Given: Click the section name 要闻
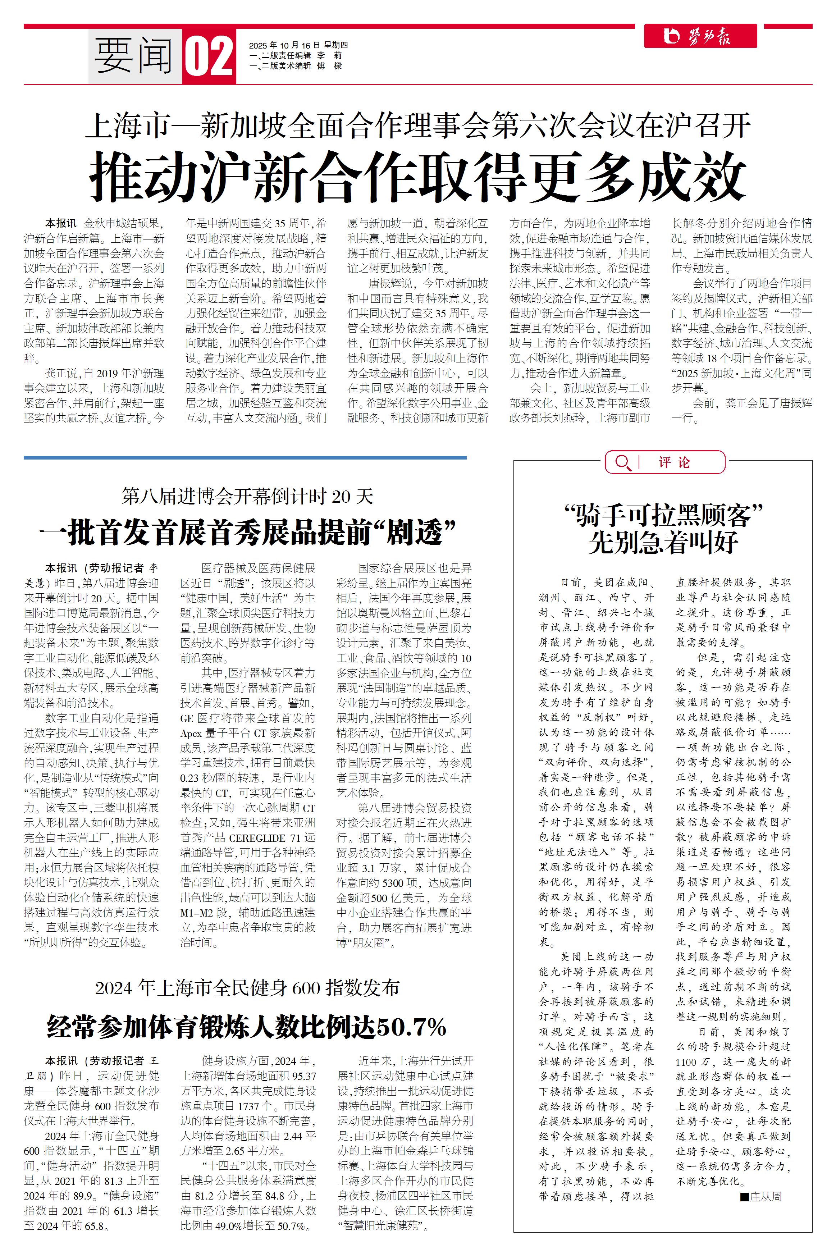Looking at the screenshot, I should [134, 55].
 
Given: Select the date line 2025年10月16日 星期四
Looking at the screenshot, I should [298, 45].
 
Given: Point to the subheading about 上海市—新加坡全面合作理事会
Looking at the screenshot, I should [417, 126].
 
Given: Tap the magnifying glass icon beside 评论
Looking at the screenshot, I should [622, 462].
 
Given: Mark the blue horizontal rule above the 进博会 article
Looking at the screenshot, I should [245, 457].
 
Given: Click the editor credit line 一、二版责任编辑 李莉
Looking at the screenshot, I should [295, 55].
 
